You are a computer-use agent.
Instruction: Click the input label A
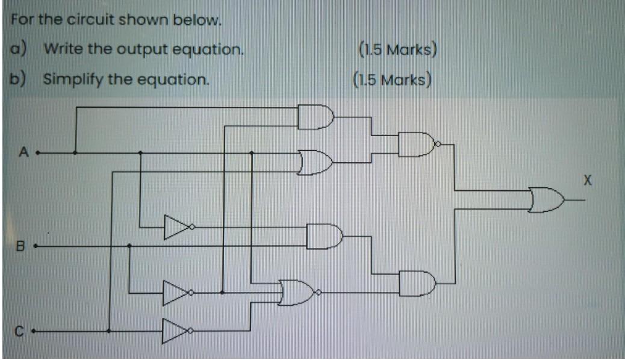click(24, 153)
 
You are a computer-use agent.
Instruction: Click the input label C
click(19, 331)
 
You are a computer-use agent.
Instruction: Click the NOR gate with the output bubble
click(297, 292)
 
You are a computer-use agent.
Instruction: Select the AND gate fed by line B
click(324, 236)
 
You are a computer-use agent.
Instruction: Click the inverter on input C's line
click(175, 331)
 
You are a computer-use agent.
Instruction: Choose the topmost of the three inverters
click(175, 228)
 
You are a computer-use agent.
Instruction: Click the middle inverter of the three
click(175, 293)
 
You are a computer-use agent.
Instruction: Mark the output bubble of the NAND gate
click(438, 144)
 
